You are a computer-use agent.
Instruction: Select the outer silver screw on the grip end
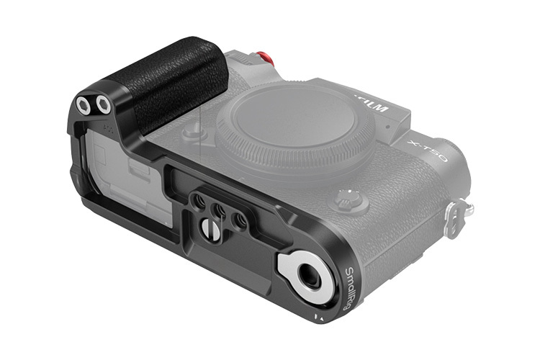[x=84, y=106]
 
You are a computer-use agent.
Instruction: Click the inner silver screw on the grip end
[x=104, y=106]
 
